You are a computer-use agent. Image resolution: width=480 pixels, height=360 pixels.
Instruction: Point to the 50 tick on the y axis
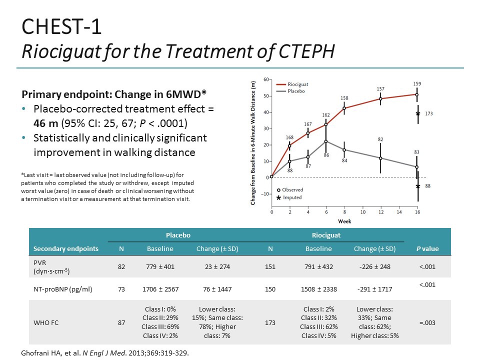click(266, 96)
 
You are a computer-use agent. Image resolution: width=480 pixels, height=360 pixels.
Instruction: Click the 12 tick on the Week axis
click(380, 212)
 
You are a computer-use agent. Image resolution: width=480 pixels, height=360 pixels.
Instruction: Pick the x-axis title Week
click(344, 220)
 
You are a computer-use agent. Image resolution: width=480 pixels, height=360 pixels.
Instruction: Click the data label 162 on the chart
click(326, 115)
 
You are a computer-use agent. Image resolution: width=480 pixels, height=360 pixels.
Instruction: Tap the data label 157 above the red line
click(380, 88)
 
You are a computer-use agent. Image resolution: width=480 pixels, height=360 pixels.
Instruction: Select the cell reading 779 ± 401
click(160, 266)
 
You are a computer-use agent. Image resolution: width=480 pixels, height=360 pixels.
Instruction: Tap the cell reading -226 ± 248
click(374, 266)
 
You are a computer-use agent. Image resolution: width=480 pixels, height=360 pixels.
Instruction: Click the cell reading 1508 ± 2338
click(318, 289)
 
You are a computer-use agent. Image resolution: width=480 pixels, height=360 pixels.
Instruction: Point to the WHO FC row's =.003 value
click(428, 322)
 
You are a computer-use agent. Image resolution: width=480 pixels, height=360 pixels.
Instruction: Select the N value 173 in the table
click(270, 322)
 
